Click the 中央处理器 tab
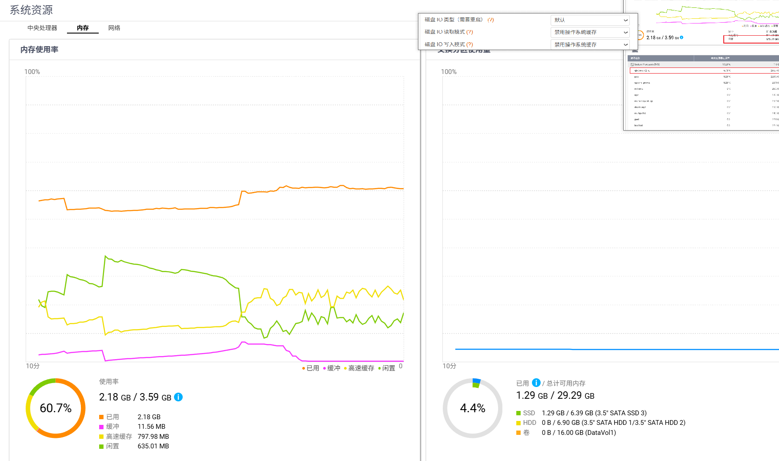pyautogui.click(x=42, y=28)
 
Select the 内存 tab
pyautogui.click(x=83, y=28)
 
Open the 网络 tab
pyautogui.click(x=114, y=28)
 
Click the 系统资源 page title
pyautogui.click(x=31, y=10)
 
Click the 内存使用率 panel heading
pyautogui.click(x=39, y=50)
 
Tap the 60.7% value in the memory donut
pyautogui.click(x=56, y=408)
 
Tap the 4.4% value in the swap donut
pyautogui.click(x=472, y=408)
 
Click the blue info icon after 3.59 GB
pyautogui.click(x=178, y=397)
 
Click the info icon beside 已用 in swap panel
pyautogui.click(x=536, y=383)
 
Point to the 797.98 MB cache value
pyautogui.click(x=153, y=437)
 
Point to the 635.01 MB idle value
pyautogui.click(x=153, y=446)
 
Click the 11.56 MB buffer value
pyautogui.click(x=151, y=427)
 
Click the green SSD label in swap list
pyautogui.click(x=529, y=413)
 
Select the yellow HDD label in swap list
pyautogui.click(x=529, y=423)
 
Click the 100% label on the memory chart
pyautogui.click(x=32, y=72)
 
